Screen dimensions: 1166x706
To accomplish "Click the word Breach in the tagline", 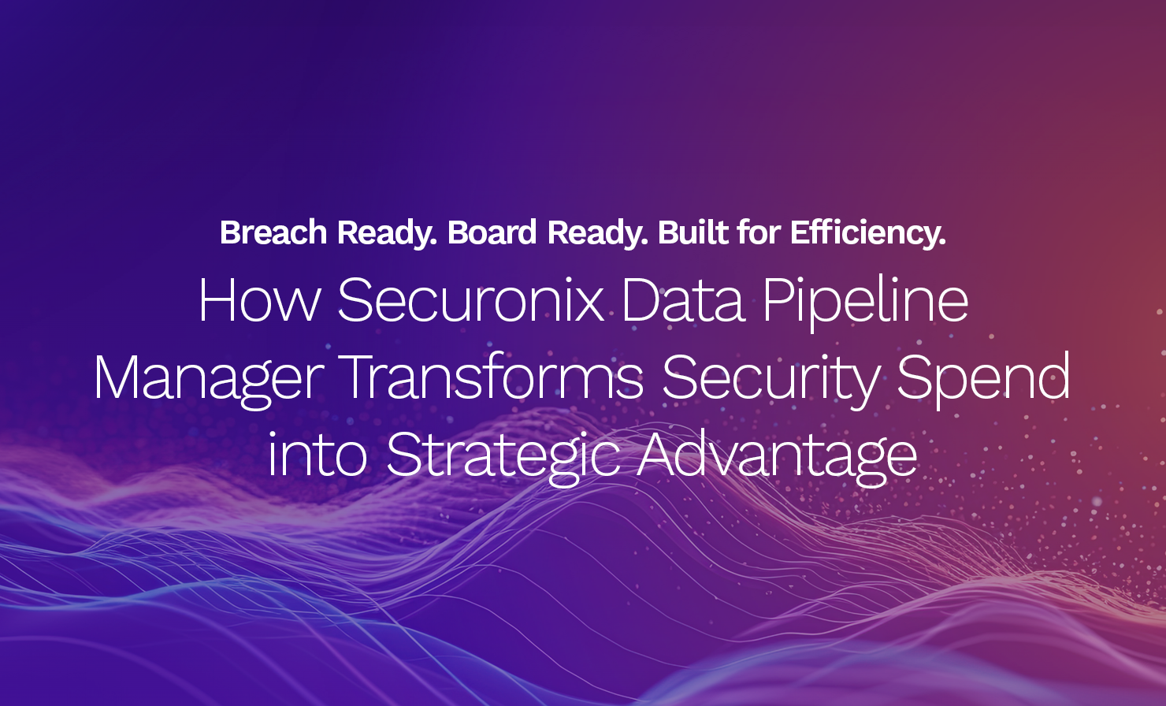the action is tap(273, 232).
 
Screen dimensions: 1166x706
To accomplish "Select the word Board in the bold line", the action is tap(492, 232).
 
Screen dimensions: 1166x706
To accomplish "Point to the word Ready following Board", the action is tap(597, 234).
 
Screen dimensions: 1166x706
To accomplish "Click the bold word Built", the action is tap(693, 232).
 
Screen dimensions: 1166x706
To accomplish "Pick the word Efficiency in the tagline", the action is tap(867, 234).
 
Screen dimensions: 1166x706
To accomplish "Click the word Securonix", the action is tap(471, 300).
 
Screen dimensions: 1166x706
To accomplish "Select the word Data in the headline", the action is tap(684, 300).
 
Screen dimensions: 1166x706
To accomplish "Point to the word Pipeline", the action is tap(865, 303).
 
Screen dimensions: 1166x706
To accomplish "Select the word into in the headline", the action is tap(317, 454).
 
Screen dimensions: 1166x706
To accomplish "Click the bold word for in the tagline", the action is tap(759, 232).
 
